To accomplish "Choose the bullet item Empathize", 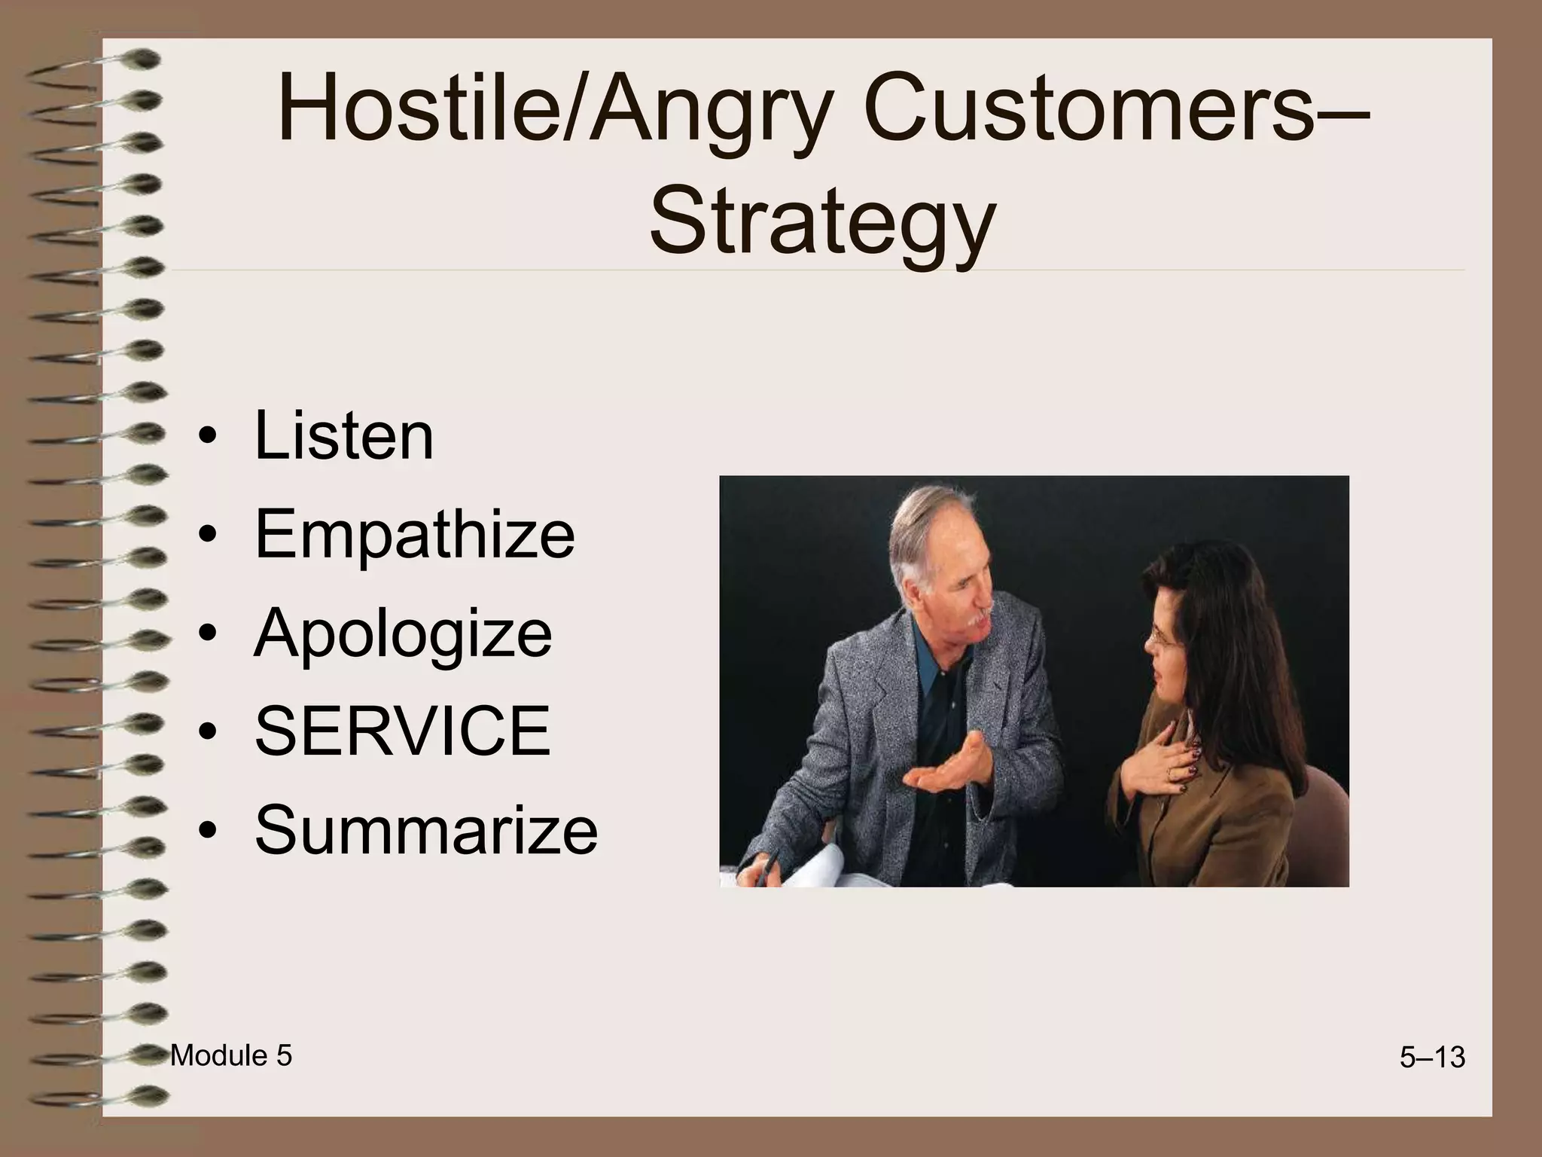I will [x=414, y=534].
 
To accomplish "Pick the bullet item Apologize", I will [x=403, y=633].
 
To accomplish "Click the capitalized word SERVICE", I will [x=403, y=731].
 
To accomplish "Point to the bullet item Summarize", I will [x=426, y=829].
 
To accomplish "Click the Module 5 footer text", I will [x=230, y=1056].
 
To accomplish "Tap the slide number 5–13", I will [x=1432, y=1058].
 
